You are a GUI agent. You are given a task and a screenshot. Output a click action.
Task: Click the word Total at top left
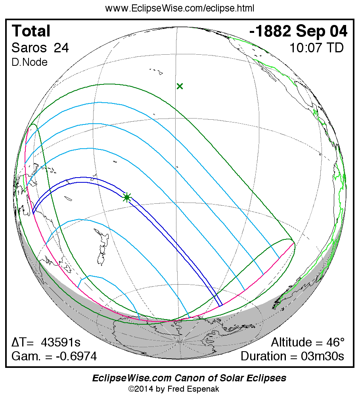(x=31, y=31)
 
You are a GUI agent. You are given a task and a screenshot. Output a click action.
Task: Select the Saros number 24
(x=61, y=48)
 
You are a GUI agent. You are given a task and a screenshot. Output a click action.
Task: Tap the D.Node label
(x=29, y=62)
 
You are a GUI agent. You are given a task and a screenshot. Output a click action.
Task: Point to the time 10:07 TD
(x=316, y=48)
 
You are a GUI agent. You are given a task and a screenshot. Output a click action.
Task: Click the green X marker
(x=180, y=86)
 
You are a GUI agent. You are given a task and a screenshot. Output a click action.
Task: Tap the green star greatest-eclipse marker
(x=127, y=197)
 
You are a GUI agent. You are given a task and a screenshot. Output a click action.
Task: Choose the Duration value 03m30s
(x=322, y=356)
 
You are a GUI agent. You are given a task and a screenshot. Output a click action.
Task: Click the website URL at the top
(x=180, y=8)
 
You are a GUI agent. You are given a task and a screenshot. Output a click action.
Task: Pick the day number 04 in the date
(x=339, y=31)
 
